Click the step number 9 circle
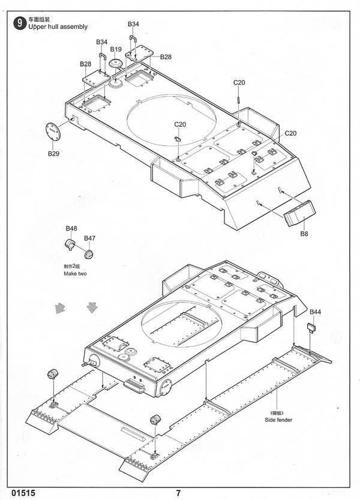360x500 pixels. coord(19,23)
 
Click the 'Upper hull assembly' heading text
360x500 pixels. coord(58,27)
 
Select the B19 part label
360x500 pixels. coord(116,49)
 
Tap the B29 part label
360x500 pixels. coord(53,154)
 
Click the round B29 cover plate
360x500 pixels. coord(53,131)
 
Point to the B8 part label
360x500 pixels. coord(304,233)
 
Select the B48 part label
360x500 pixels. coord(71,228)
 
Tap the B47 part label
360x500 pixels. coord(89,238)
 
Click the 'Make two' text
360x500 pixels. coord(75,274)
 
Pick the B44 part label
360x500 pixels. coord(315,312)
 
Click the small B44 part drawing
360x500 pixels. coord(311,328)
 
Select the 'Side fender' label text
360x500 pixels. coord(278,420)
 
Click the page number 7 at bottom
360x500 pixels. coord(179,493)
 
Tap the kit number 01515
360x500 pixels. coord(23,493)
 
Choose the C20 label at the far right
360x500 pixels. coord(290,133)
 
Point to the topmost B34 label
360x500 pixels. coord(133,24)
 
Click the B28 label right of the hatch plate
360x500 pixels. coord(166,57)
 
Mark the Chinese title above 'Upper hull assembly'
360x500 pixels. coord(39,20)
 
